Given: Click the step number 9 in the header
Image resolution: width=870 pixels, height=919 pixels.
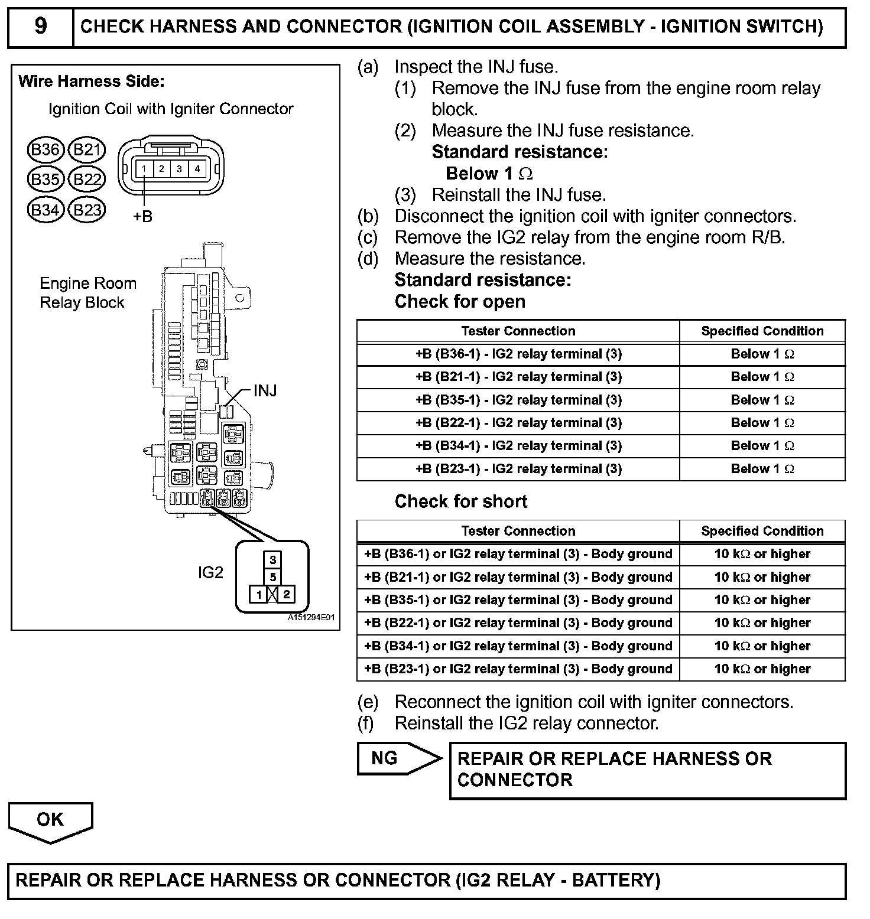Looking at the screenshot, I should [40, 27].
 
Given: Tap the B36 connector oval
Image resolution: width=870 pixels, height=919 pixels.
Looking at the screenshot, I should [45, 149].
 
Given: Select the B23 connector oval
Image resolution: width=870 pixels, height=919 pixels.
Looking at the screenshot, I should [87, 210].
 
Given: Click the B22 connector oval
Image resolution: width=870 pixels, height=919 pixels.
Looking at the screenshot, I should [87, 179].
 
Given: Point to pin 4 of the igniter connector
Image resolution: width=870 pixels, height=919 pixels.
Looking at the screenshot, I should [197, 169].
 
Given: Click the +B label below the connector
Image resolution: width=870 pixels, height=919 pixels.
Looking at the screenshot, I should [142, 217].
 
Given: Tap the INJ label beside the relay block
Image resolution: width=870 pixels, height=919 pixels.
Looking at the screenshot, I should [265, 390].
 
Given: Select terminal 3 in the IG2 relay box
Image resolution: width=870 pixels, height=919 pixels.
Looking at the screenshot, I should [272, 559].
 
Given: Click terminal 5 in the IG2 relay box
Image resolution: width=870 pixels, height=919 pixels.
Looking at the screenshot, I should [272, 577].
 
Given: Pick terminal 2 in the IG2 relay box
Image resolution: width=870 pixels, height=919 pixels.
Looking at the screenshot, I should [287, 594].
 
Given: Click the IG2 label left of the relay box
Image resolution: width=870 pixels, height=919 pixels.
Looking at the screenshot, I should [211, 572].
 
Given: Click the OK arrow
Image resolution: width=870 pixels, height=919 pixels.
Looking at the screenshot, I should [50, 820].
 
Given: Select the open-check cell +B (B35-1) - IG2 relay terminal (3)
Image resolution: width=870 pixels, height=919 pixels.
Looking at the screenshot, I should [518, 400].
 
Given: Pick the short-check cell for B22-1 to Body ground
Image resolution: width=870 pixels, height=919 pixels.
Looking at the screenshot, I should [518, 623].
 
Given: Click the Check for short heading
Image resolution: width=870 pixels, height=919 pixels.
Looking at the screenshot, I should [461, 501].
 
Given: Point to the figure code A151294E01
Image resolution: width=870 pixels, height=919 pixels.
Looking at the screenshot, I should [311, 618].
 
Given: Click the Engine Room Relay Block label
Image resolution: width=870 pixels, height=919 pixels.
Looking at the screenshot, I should [87, 293].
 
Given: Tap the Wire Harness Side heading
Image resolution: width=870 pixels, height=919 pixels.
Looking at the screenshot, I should [92, 82].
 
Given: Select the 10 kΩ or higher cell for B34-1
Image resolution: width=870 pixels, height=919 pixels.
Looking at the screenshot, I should [762, 646].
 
